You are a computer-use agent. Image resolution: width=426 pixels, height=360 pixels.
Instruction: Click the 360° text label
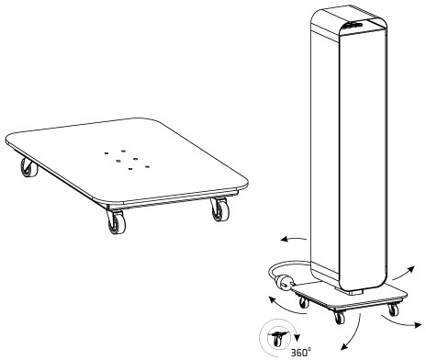pyautogui.click(x=300, y=353)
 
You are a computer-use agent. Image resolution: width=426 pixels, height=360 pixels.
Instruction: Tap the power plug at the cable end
pyautogui.click(x=284, y=283)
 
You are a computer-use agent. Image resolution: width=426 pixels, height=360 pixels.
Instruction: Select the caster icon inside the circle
pyautogui.click(x=278, y=337)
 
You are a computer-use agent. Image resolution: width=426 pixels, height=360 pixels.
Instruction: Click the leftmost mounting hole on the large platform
pyautogui.click(x=106, y=152)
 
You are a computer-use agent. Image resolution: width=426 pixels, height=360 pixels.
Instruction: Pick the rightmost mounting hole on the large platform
pyautogui.click(x=147, y=167)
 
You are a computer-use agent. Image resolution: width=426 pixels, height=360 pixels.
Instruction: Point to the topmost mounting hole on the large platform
pyautogui.click(x=123, y=151)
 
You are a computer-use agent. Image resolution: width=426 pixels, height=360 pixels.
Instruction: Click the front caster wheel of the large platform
pyautogui.click(x=116, y=222)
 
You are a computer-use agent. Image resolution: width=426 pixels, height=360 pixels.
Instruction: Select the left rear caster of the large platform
pyautogui.click(x=28, y=167)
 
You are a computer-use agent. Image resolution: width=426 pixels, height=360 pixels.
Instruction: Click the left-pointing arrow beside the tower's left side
pyautogui.click(x=294, y=239)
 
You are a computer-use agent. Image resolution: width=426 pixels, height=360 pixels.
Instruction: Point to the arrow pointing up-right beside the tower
pyautogui.click(x=404, y=273)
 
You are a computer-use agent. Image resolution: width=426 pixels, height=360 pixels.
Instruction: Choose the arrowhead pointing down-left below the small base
pyautogui.click(x=344, y=346)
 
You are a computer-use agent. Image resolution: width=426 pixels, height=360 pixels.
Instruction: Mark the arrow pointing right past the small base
pyautogui.click(x=400, y=321)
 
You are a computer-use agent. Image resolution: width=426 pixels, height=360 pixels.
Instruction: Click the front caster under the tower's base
pyautogui.click(x=339, y=317)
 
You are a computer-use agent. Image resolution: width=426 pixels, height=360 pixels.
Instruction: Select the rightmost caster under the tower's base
pyautogui.click(x=394, y=309)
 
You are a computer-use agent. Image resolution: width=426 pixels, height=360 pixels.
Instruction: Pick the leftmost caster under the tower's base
pyautogui.click(x=304, y=302)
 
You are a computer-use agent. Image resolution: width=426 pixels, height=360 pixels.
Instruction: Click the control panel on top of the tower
pyautogui.click(x=354, y=24)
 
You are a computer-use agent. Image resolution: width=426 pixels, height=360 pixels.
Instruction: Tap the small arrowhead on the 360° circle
pyautogui.click(x=296, y=338)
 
